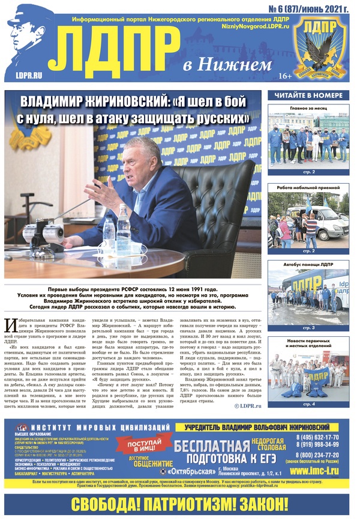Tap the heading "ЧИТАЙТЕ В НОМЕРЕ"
click(x=308, y=95)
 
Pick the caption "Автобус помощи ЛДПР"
click(x=308, y=265)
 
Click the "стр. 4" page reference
click(x=308, y=404)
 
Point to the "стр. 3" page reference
click(x=308, y=328)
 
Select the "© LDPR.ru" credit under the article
click(x=248, y=406)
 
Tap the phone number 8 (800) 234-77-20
click(x=317, y=456)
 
